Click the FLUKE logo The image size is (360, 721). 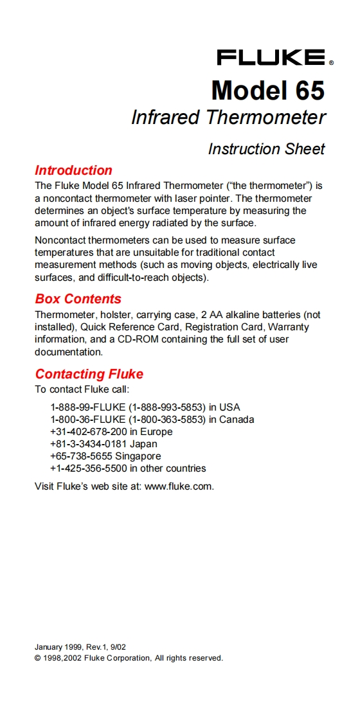[x=271, y=58]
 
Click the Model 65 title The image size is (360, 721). [x=267, y=90]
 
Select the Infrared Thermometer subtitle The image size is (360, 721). [x=228, y=118]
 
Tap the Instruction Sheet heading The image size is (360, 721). [x=266, y=149]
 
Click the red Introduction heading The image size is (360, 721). [x=73, y=170]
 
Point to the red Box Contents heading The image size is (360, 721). [x=78, y=299]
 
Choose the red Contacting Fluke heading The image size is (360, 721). [x=89, y=374]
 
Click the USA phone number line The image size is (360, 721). [x=145, y=407]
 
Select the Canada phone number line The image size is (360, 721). [x=152, y=420]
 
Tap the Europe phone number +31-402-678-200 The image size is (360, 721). [x=89, y=432]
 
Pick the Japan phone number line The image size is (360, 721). [x=103, y=444]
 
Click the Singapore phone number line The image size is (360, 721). [x=105, y=456]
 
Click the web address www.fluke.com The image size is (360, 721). [x=178, y=486]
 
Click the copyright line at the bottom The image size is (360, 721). [x=129, y=658]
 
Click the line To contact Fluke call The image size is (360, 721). [x=83, y=389]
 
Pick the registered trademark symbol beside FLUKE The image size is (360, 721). [x=332, y=64]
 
